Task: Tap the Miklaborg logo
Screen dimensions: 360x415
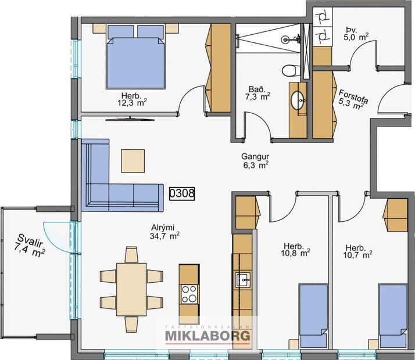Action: pos(208,335)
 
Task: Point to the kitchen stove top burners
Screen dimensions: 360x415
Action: pos(189,294)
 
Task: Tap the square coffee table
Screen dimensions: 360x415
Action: pos(133,160)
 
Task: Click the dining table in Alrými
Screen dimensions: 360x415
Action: pos(131,289)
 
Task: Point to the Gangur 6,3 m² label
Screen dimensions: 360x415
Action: pos(255,161)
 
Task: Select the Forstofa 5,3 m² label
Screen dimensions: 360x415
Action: pos(351,99)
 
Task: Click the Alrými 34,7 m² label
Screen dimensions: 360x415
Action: pos(164,232)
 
